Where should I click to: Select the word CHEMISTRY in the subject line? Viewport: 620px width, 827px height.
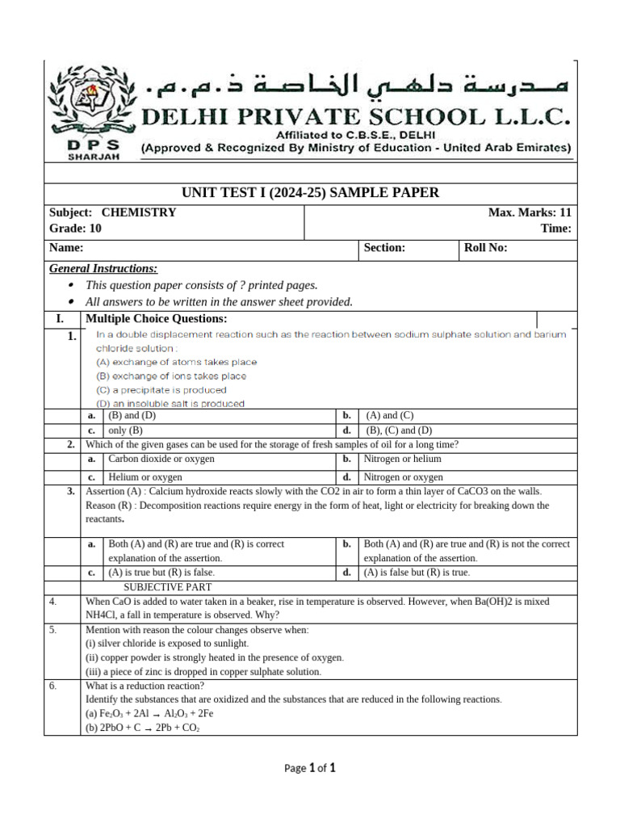(138, 213)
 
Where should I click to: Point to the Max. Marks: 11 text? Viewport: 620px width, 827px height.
(530, 213)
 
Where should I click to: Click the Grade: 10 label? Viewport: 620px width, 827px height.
(76, 229)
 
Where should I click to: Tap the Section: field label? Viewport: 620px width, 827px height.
(384, 249)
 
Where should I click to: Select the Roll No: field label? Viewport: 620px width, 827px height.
(485, 249)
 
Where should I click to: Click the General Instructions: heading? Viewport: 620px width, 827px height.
(103, 268)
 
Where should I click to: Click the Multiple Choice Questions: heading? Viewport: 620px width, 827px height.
(157, 319)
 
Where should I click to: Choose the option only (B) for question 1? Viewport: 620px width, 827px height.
(125, 430)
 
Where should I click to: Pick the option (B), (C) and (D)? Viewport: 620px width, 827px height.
(399, 430)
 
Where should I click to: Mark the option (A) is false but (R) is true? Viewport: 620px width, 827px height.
(417, 572)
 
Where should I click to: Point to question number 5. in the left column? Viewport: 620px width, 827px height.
(52, 630)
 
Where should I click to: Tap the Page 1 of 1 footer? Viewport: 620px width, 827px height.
(309, 769)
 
